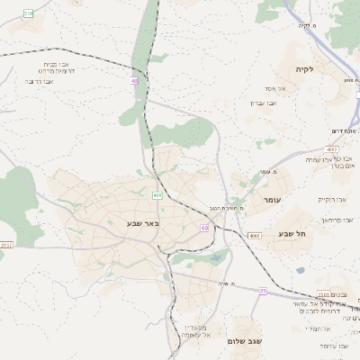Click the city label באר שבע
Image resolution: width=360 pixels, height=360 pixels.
(x=142, y=222)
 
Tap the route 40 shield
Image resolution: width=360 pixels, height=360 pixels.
(x=135, y=81)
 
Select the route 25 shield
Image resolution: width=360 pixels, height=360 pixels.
(x=262, y=291)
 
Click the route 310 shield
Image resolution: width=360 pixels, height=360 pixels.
(x=27, y=13)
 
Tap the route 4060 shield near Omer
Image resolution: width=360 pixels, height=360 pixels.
(x=255, y=235)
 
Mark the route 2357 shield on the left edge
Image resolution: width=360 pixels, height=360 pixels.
(x=6, y=244)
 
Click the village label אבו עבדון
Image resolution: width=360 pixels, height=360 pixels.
(x=263, y=103)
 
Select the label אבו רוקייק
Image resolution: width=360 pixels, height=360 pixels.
(x=330, y=199)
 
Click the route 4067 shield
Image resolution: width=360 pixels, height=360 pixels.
(x=332, y=148)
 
